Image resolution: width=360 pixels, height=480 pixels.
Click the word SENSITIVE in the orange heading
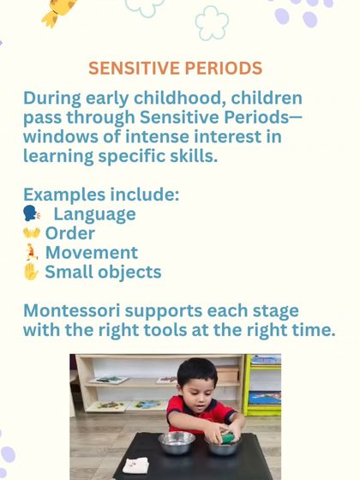(x=130, y=68)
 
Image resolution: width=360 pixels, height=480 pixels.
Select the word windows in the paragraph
(x=59, y=136)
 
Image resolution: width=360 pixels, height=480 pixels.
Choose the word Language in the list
(x=94, y=214)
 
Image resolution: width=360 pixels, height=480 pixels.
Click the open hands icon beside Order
(x=32, y=234)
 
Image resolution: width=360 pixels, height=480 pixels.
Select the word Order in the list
(x=70, y=234)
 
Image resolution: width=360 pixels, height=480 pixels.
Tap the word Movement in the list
(x=92, y=253)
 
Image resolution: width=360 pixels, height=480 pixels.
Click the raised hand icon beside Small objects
(x=32, y=273)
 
